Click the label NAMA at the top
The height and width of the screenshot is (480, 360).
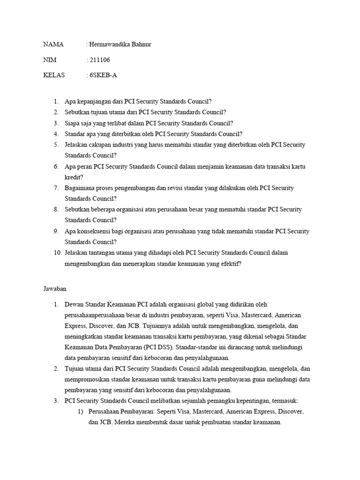pos(53,45)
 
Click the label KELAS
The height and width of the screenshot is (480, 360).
pos(54,75)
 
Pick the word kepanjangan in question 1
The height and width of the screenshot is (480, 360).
pos(96,101)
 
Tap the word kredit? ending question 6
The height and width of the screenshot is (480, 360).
pos(74,177)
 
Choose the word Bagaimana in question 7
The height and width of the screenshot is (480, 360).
pos(80,187)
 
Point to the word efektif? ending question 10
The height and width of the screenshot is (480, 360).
pos(230,263)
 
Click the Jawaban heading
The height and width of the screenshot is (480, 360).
pos(55,289)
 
